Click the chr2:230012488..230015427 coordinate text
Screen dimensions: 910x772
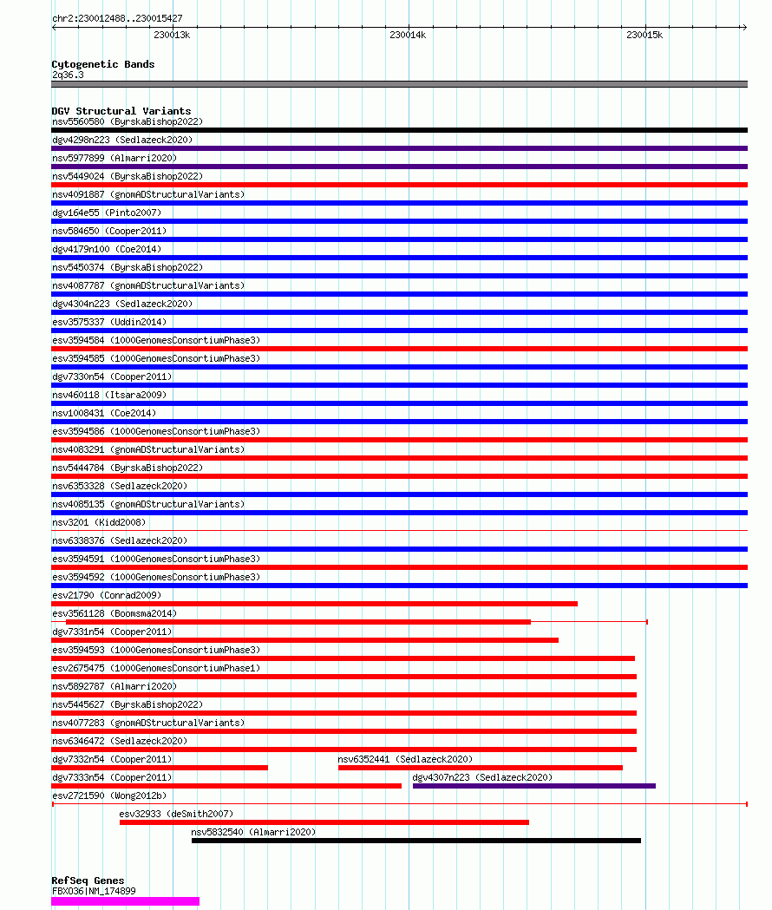(117, 18)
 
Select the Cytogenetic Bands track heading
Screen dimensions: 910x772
(103, 64)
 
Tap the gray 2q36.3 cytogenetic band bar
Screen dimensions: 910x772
(399, 84)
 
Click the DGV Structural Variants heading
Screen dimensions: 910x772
(121, 111)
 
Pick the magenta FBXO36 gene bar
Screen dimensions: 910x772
(125, 901)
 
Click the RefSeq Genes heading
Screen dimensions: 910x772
(88, 881)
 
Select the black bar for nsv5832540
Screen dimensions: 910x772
(415, 841)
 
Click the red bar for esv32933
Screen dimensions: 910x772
(324, 822)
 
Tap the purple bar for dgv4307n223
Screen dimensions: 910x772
(533, 786)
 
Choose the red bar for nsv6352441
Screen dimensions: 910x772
(480, 768)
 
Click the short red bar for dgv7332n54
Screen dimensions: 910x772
(160, 768)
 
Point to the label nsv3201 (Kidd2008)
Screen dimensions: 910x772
(99, 522)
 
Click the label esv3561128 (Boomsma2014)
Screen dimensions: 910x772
(102, 613)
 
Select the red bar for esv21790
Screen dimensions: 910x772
(314, 604)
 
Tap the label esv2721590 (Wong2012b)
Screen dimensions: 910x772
(109, 795)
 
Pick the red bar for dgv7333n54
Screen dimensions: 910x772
(226, 786)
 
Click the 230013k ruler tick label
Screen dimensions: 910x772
(172, 35)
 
